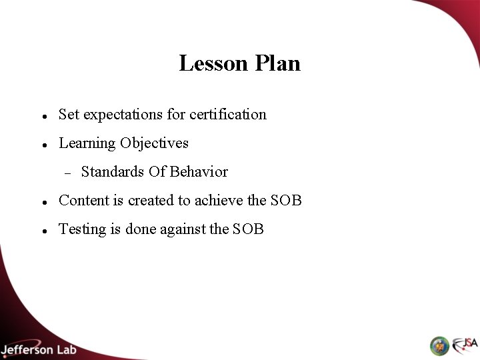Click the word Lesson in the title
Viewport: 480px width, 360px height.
coord(211,63)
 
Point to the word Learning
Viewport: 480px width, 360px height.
coord(87,143)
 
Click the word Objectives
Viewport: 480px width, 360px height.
coord(154,143)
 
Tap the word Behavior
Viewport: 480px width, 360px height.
coord(199,172)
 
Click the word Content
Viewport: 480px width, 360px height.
coord(83,201)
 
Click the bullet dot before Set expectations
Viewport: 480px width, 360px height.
coord(43,116)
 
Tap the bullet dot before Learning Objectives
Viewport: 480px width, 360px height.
coord(43,145)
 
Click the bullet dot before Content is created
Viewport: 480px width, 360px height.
coord(43,202)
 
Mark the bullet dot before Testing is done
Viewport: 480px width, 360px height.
coord(43,231)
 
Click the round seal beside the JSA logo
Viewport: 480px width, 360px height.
coord(440,345)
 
